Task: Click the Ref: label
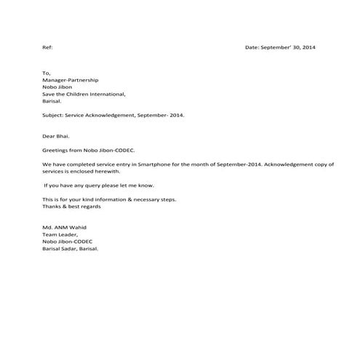[x=48, y=47]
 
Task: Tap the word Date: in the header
[x=252, y=47]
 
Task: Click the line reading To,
[x=47, y=73]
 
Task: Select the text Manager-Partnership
[x=70, y=80]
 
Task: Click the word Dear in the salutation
[x=49, y=136]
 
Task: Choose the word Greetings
[x=55, y=151]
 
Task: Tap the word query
[x=85, y=186]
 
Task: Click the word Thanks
[x=52, y=207]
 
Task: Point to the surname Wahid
[x=75, y=228]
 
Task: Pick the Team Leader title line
[x=59, y=235]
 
